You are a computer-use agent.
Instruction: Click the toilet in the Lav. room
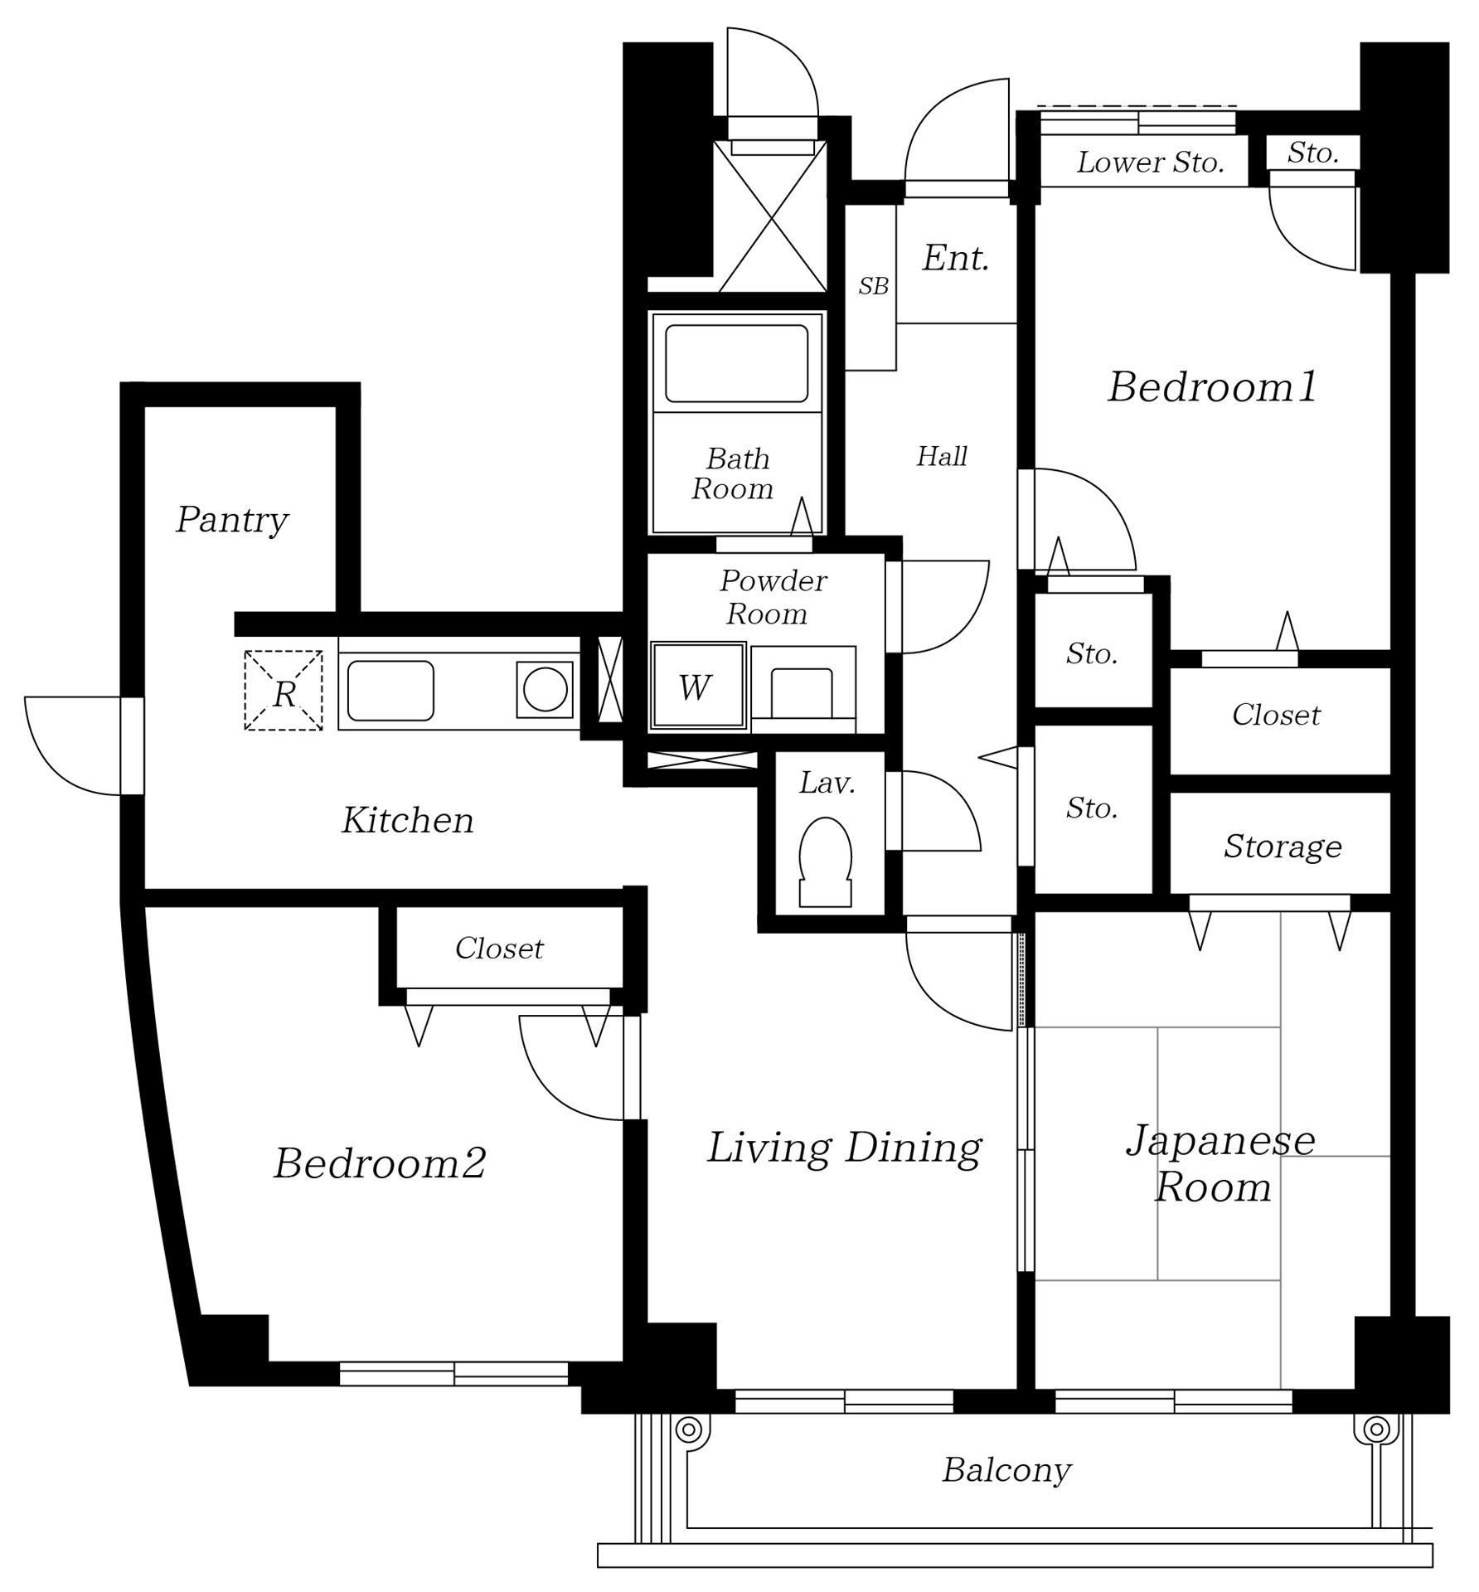point(825,862)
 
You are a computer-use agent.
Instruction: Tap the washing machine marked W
point(698,687)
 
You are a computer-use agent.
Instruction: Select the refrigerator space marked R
point(284,691)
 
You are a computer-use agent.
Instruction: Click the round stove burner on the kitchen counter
point(545,689)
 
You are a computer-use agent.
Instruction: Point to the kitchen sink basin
point(390,690)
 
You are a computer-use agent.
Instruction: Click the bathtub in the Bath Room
point(736,363)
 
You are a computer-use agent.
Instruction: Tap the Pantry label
point(232,521)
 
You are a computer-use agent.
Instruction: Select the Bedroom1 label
point(1212,387)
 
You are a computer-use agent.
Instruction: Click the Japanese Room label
point(1219,1163)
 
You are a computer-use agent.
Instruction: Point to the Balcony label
point(1006,1471)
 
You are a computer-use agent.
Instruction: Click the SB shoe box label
point(873,286)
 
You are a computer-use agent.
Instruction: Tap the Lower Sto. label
point(1151,163)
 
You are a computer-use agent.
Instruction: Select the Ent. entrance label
point(956,258)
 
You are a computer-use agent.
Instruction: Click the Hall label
point(942,456)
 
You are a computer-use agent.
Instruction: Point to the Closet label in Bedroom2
point(499,949)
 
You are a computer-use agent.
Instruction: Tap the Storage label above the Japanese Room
point(1283,847)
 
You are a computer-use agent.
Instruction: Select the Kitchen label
point(408,820)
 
